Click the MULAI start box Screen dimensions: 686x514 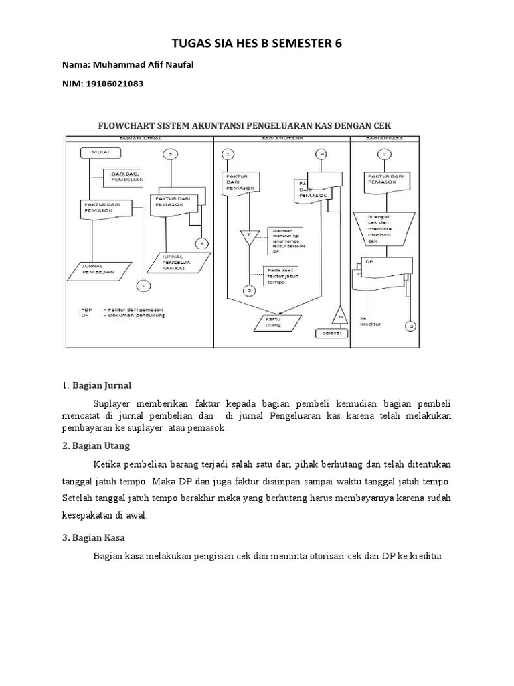point(100,153)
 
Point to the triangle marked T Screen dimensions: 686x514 point(248,237)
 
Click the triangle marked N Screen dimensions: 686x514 point(339,315)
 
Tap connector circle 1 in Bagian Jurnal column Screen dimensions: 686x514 point(143,286)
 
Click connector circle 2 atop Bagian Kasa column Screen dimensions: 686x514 point(383,154)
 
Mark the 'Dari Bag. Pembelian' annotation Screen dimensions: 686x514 point(124,177)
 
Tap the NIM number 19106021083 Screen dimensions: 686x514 point(116,84)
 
